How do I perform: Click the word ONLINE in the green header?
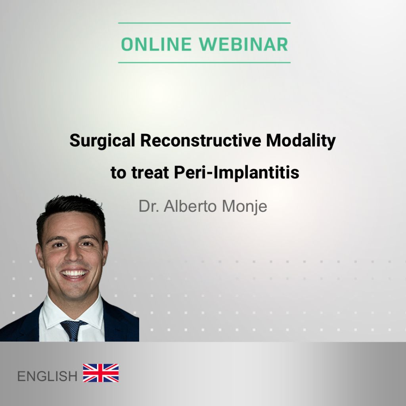point(156,44)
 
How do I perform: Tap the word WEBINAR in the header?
point(243,44)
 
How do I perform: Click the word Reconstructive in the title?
point(201,141)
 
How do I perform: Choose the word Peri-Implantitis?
point(237,173)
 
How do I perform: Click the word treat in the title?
point(150,173)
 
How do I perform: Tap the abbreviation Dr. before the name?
point(149,206)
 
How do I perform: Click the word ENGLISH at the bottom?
point(47,376)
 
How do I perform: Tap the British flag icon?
point(101,373)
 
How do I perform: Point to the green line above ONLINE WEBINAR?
point(204,23)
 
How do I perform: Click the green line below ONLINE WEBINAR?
point(204,63)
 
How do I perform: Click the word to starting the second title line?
point(119,173)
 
